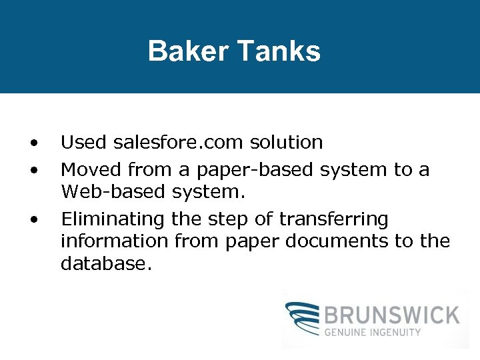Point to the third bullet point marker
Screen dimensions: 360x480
[33, 219]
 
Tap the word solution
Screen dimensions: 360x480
[287, 143]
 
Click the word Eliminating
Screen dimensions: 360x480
[113, 219]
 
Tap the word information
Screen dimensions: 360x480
[115, 241]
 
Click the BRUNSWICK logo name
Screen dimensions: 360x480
[393, 314]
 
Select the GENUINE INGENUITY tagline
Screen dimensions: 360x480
[373, 331]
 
